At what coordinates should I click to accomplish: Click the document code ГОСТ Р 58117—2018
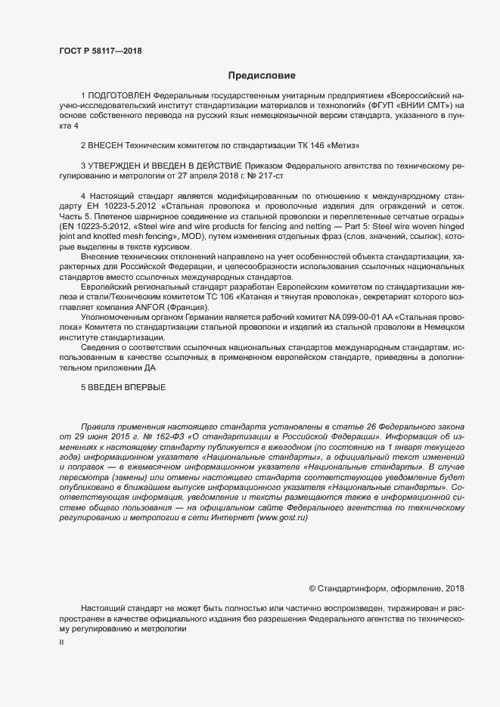point(100,51)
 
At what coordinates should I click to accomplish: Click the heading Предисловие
point(262,76)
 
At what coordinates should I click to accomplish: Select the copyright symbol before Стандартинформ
point(313,588)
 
